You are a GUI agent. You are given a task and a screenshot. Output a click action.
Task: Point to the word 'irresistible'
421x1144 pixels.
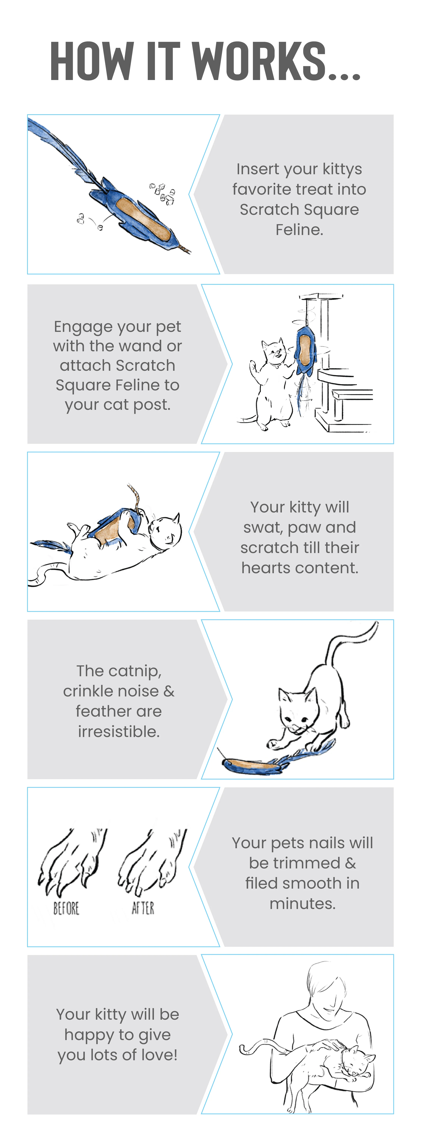(118, 731)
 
